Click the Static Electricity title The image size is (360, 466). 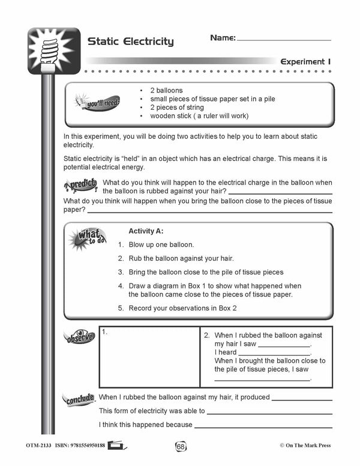point(130,41)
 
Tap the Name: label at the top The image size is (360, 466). point(223,38)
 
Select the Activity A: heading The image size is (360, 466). point(146,231)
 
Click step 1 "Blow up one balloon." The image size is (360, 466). point(161,245)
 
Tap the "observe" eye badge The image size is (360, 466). point(79,337)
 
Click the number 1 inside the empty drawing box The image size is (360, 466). point(104,331)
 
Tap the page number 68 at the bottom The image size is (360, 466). point(180,446)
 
